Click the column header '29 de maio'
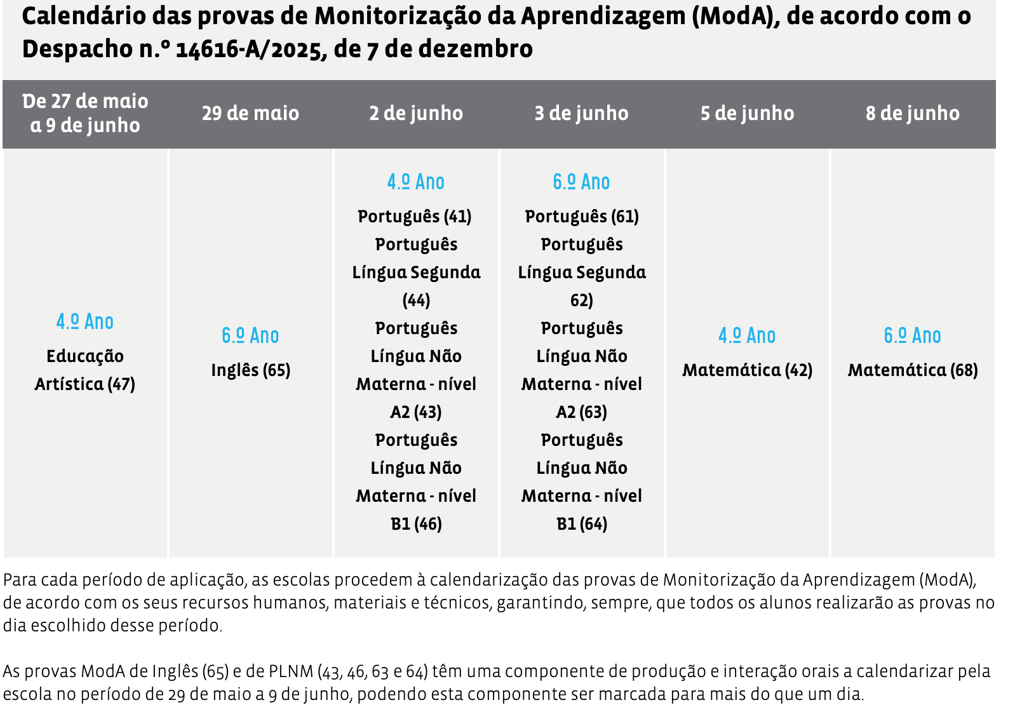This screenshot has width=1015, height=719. (250, 114)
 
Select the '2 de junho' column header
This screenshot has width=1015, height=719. (416, 114)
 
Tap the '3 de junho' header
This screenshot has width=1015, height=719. (581, 114)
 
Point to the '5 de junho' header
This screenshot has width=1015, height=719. (747, 114)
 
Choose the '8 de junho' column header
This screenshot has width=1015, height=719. (912, 114)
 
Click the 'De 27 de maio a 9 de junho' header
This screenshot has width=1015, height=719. (85, 113)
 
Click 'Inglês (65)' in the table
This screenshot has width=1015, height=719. (250, 370)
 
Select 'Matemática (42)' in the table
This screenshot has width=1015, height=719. (747, 370)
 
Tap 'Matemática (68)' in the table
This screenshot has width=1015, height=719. (912, 370)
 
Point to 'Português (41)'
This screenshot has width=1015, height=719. (415, 217)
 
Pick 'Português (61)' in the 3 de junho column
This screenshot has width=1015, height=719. (581, 217)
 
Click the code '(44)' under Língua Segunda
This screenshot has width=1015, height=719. (416, 300)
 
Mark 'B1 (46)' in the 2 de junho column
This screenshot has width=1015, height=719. (416, 524)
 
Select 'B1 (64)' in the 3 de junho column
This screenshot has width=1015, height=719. (581, 524)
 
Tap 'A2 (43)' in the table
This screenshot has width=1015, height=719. (416, 412)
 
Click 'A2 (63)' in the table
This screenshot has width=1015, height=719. (581, 412)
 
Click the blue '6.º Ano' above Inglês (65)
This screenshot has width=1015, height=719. (250, 335)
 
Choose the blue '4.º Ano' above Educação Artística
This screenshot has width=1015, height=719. (85, 321)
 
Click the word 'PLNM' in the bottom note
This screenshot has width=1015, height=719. (292, 671)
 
